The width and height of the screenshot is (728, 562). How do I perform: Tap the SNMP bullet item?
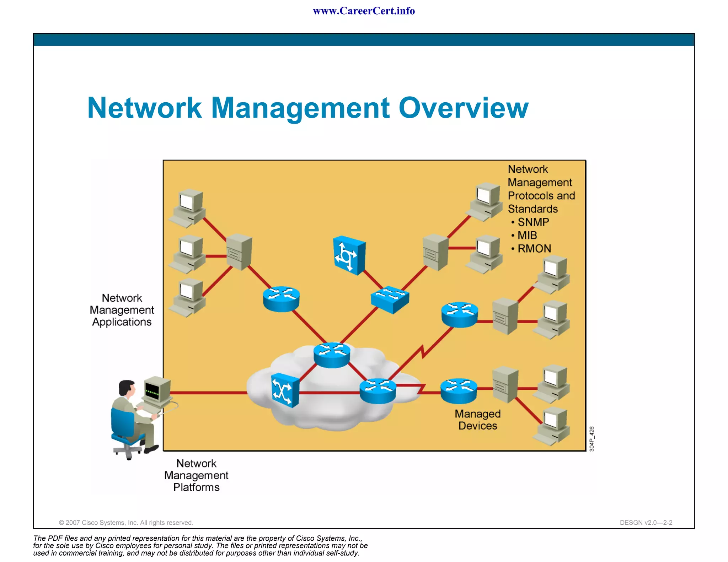point(533,222)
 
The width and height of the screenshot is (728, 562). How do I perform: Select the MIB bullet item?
point(527,235)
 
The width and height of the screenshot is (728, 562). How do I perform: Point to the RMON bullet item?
point(534,248)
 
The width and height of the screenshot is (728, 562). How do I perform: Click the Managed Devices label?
point(477,420)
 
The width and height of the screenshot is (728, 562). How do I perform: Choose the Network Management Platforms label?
point(196,475)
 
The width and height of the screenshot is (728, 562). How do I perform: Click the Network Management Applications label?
point(122,310)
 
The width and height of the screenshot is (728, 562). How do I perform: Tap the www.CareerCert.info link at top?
point(364,11)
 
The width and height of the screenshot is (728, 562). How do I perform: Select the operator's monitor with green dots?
point(156,391)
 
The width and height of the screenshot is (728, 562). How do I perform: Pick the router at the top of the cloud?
point(332,354)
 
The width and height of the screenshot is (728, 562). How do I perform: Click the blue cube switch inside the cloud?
point(284,391)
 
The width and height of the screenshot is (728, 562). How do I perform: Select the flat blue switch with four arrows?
point(390,299)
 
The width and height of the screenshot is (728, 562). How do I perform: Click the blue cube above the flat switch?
point(349,255)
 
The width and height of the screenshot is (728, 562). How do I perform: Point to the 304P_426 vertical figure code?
point(591,439)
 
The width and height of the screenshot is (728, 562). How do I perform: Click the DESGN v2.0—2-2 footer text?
point(646,523)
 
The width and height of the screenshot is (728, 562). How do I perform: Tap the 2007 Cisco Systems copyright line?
point(126,523)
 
